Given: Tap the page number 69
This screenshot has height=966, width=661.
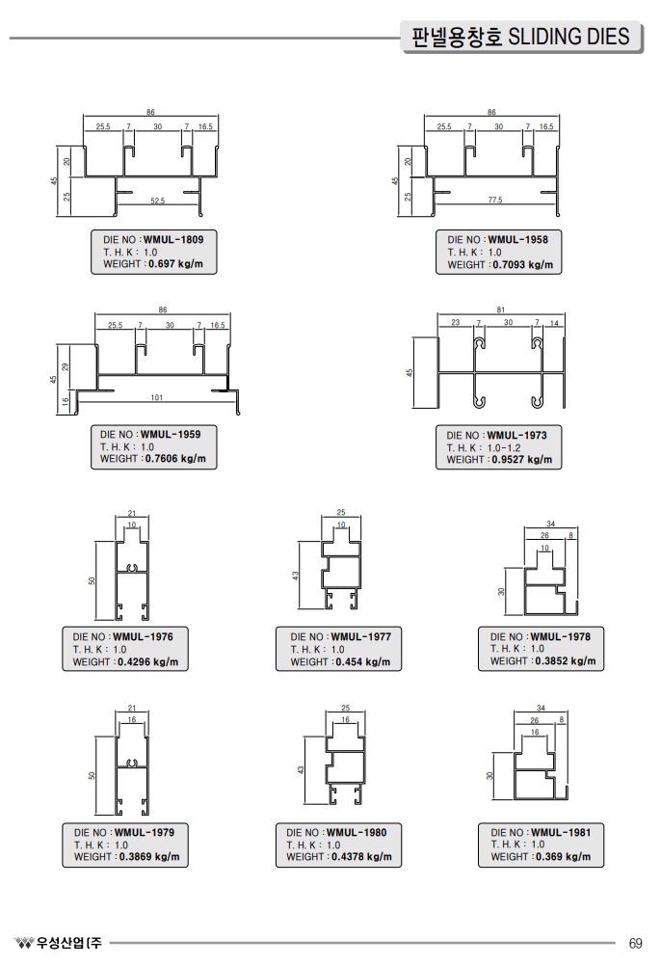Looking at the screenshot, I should (635, 942).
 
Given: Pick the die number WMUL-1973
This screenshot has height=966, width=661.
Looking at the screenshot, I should (516, 436).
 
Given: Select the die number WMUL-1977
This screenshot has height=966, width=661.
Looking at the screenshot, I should (361, 636).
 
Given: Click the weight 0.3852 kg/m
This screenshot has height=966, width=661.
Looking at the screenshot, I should (563, 661).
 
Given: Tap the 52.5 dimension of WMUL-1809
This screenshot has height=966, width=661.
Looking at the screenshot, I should (158, 201).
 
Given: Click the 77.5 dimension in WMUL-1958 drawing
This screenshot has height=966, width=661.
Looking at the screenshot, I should (495, 200).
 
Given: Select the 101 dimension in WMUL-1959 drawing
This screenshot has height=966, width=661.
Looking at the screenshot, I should (156, 397).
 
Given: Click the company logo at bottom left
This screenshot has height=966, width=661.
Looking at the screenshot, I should (23, 942).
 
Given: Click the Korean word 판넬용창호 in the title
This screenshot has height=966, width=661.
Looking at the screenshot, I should (456, 38).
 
